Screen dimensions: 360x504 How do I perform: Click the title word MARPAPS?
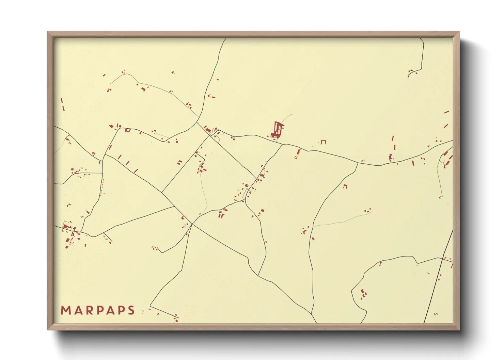pyautogui.click(x=98, y=310)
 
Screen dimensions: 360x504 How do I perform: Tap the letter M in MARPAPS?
pyautogui.click(x=65, y=310)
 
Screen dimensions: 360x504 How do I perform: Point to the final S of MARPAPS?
pyautogui.click(x=131, y=310)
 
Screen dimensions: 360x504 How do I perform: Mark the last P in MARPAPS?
pyautogui.click(x=121, y=310)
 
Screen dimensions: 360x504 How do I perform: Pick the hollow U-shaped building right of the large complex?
pyautogui.click(x=323, y=142)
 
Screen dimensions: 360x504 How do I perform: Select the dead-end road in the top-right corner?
pyautogui.click(x=423, y=54)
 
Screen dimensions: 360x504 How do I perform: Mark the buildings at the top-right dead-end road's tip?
pyautogui.click(x=412, y=72)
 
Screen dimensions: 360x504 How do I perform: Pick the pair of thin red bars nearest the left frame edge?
pyautogui.click(x=62, y=104)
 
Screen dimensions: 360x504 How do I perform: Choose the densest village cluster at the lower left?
pyautogui.click(x=70, y=233)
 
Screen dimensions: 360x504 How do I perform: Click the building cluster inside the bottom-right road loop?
pyautogui.click(x=363, y=294)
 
